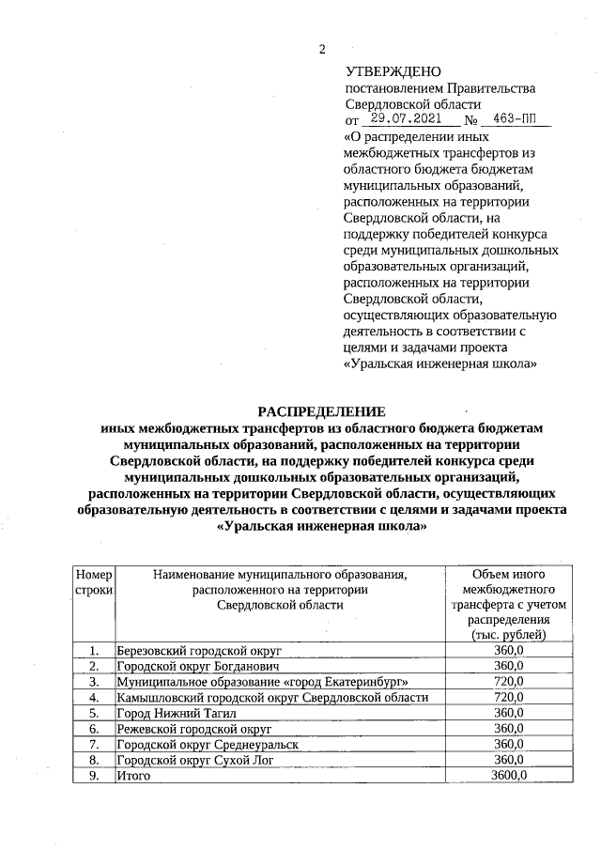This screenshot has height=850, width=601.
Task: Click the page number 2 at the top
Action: coord(320,48)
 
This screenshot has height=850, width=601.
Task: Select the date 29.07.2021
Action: coord(411,120)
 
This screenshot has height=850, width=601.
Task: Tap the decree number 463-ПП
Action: coord(516,120)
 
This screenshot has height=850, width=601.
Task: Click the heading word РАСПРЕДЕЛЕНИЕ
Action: coord(322,410)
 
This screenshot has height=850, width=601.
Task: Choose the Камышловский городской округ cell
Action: coord(272,698)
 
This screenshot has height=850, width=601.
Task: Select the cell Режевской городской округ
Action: coord(193,729)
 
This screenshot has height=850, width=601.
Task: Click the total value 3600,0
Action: coord(508,776)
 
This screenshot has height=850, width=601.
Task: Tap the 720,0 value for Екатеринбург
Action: coord(508,682)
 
